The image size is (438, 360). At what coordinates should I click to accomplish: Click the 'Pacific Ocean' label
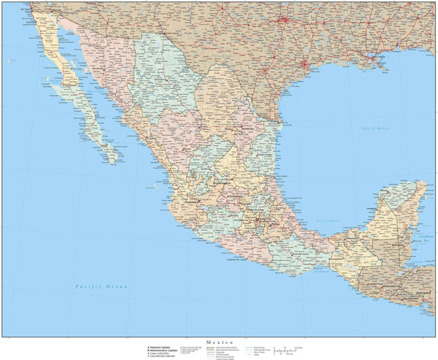click(101, 287)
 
